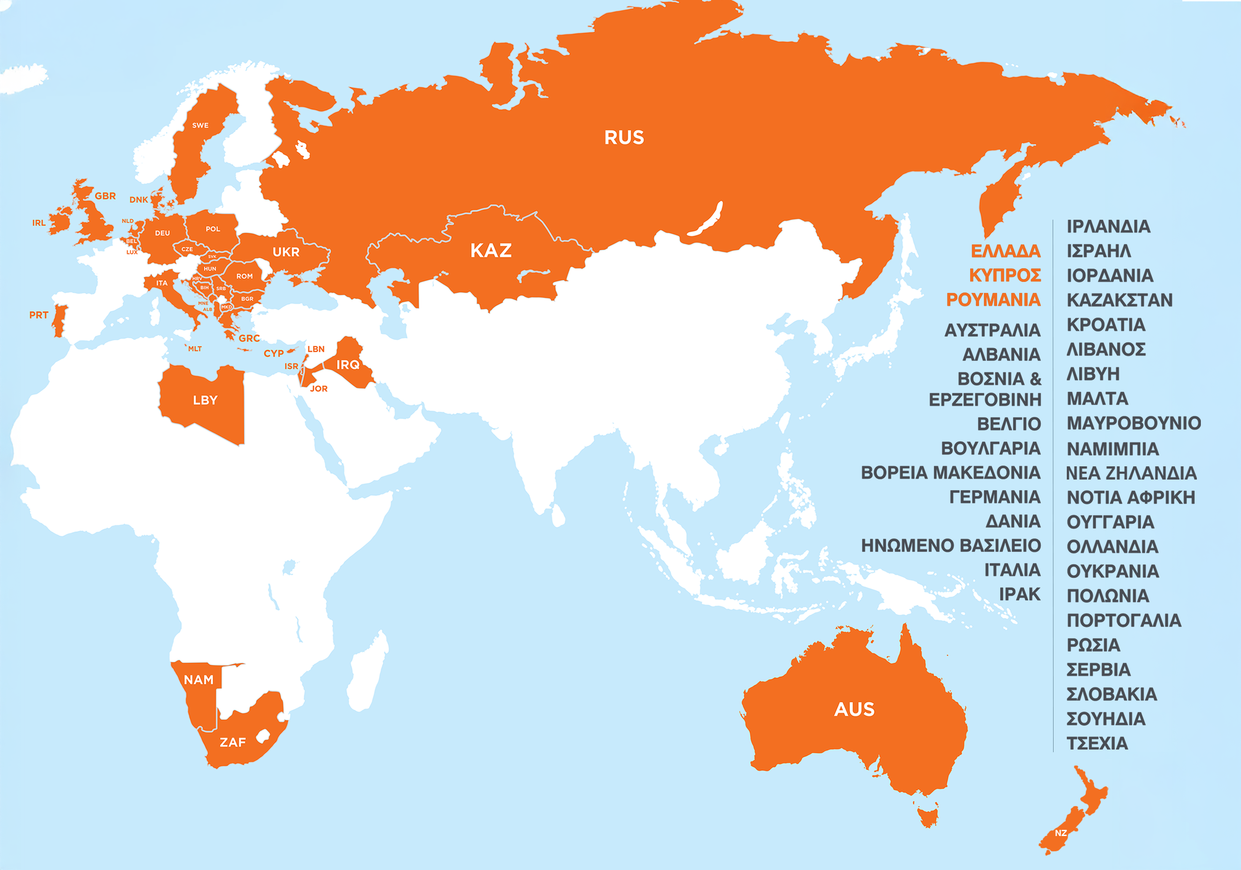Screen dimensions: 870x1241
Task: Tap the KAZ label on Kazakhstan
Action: click(x=491, y=250)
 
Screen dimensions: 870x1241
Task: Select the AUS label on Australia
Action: click(x=854, y=709)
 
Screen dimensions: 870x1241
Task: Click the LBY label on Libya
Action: click(x=205, y=400)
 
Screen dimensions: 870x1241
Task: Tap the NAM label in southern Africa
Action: click(x=198, y=680)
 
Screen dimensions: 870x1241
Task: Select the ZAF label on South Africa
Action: click(x=232, y=742)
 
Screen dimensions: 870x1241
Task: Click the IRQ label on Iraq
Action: click(x=348, y=365)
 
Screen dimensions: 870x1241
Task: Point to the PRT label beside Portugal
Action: click(x=38, y=315)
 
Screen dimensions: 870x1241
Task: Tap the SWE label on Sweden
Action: click(x=200, y=125)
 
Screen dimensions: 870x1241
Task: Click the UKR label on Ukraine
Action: click(x=285, y=252)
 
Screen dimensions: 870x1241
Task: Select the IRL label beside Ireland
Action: click(x=39, y=223)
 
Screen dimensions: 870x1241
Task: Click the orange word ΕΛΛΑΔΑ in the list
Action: click(x=1006, y=251)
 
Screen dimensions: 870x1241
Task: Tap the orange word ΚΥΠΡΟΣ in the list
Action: click(x=1005, y=275)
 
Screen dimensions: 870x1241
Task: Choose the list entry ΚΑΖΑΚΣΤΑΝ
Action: click(x=1119, y=300)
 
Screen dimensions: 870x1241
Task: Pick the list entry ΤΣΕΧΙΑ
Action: click(x=1097, y=743)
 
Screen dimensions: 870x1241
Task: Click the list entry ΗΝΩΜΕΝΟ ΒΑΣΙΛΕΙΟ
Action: click(x=951, y=546)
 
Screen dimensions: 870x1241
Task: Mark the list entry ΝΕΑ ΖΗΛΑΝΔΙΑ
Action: click(x=1131, y=473)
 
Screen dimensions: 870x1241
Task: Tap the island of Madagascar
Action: click(x=367, y=673)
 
